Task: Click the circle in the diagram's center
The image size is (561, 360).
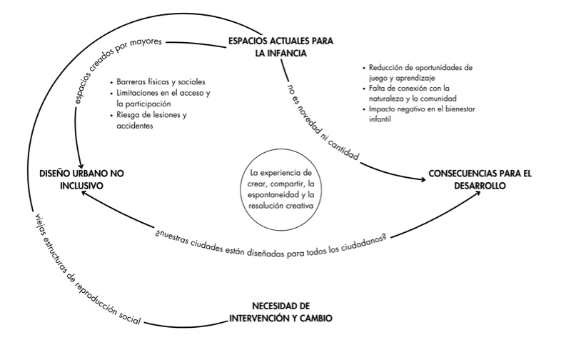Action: click(277, 189)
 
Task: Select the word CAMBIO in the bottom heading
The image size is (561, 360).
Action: click(312, 317)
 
